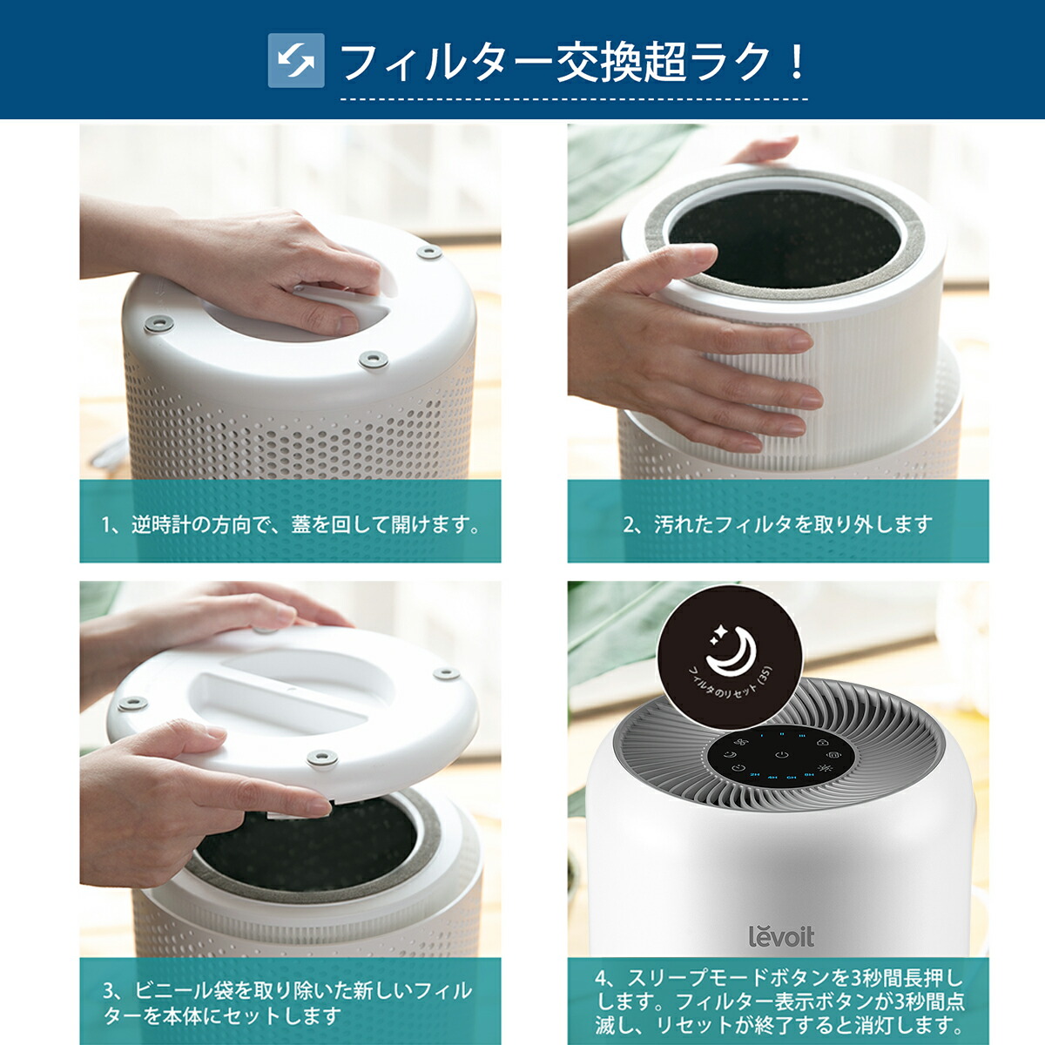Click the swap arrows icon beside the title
(x=296, y=60)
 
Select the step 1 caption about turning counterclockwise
(x=290, y=524)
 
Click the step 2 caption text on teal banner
(x=778, y=524)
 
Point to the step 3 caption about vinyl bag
(x=287, y=1002)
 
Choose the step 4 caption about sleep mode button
(x=779, y=1002)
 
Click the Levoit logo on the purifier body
(x=781, y=937)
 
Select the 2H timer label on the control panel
(x=754, y=774)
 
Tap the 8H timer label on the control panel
(x=809, y=774)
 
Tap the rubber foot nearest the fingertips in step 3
(x=322, y=758)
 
